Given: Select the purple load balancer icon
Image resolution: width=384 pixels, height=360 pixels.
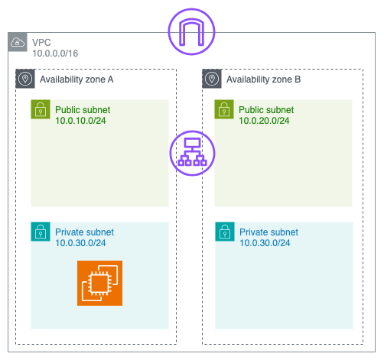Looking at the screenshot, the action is tap(193, 153).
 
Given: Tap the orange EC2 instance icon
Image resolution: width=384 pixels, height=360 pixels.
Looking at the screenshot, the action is tap(99, 283).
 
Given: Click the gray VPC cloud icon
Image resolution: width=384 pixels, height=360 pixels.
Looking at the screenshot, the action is tap(18, 42).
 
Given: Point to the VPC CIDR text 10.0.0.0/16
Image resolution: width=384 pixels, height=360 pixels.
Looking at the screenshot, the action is tap(55, 54).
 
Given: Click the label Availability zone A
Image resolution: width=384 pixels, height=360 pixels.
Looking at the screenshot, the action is tap(76, 79).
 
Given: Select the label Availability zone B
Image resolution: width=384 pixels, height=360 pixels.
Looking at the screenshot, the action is tap(263, 79).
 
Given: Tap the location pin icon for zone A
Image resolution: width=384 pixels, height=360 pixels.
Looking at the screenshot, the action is tap(25, 79).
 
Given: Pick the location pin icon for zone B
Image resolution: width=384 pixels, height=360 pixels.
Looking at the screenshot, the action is tap(212, 79).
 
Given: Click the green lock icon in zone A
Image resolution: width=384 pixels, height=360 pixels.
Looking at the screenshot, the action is tap(41, 109).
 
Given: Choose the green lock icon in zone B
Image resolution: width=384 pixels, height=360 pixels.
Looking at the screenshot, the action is tap(224, 109).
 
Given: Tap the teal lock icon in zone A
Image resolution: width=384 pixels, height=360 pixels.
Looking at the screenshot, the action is tap(41, 232).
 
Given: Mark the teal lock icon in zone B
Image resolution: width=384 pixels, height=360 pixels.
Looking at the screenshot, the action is tap(225, 232).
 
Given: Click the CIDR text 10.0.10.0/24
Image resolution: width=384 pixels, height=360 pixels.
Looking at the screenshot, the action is tap(80, 121).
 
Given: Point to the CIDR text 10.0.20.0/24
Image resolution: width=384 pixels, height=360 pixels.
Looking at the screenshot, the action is tap(264, 121).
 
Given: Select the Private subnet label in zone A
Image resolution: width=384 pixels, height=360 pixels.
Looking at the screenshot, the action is tap(84, 232).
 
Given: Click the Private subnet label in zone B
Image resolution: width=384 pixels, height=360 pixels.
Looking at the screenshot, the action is tap(268, 232).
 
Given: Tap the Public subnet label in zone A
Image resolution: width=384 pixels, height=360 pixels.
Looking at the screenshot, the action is tap(83, 110).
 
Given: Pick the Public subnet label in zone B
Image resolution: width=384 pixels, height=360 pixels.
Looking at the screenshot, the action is tap(266, 110).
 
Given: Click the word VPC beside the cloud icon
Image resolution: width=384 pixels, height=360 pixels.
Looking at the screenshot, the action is tap(41, 43).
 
